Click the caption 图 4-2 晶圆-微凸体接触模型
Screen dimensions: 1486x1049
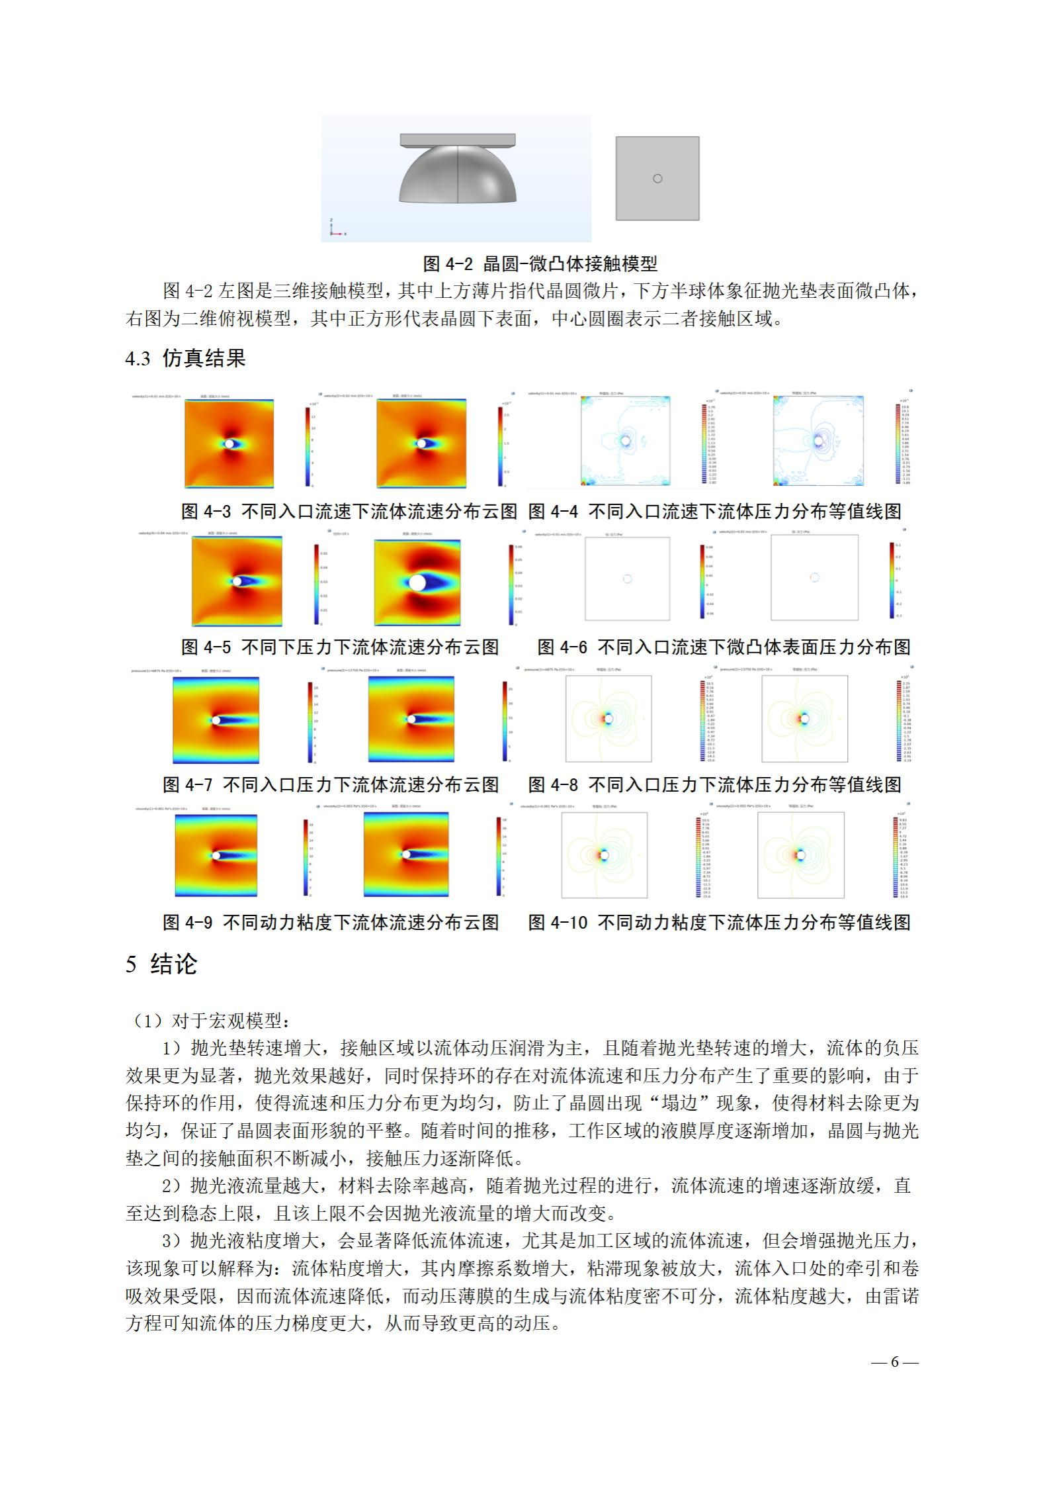(x=540, y=264)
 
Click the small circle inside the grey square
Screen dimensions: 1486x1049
(x=657, y=178)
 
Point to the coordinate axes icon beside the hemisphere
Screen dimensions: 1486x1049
(x=335, y=228)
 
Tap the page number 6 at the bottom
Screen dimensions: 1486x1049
(x=894, y=1362)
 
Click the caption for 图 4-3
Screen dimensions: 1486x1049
(x=349, y=511)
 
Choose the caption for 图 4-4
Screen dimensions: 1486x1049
(x=714, y=511)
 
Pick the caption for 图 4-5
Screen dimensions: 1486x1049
(x=340, y=647)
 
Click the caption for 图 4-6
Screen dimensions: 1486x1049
(x=724, y=647)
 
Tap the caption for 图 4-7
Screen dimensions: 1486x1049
(x=331, y=784)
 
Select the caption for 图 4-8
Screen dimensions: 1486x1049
(x=714, y=784)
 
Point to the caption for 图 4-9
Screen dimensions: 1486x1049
(x=331, y=922)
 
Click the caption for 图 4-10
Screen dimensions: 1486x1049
(x=719, y=922)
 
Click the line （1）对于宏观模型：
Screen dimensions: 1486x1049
(x=208, y=1021)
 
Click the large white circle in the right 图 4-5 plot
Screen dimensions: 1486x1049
(x=417, y=582)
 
